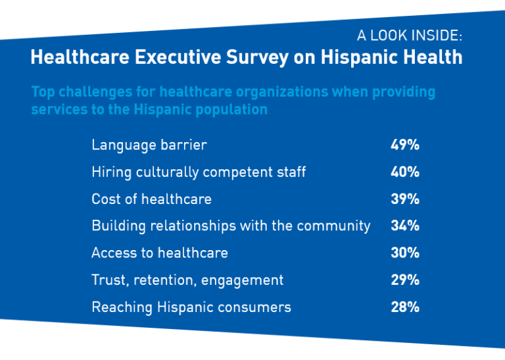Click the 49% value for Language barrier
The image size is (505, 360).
click(404, 145)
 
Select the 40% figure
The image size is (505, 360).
click(404, 172)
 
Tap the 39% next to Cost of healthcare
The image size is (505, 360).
click(404, 199)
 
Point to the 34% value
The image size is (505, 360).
click(404, 226)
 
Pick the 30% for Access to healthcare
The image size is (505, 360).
click(404, 253)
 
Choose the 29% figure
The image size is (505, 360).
click(404, 280)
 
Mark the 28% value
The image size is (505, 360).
click(404, 307)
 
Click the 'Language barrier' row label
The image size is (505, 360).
click(149, 145)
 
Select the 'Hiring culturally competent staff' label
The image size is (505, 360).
click(199, 172)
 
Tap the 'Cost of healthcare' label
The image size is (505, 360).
click(151, 199)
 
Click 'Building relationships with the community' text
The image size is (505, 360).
click(231, 226)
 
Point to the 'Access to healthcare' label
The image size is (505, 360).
click(160, 253)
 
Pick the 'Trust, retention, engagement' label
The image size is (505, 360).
click(187, 280)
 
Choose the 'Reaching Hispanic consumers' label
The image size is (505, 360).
click(191, 307)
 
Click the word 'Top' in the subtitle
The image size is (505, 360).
click(43, 91)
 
